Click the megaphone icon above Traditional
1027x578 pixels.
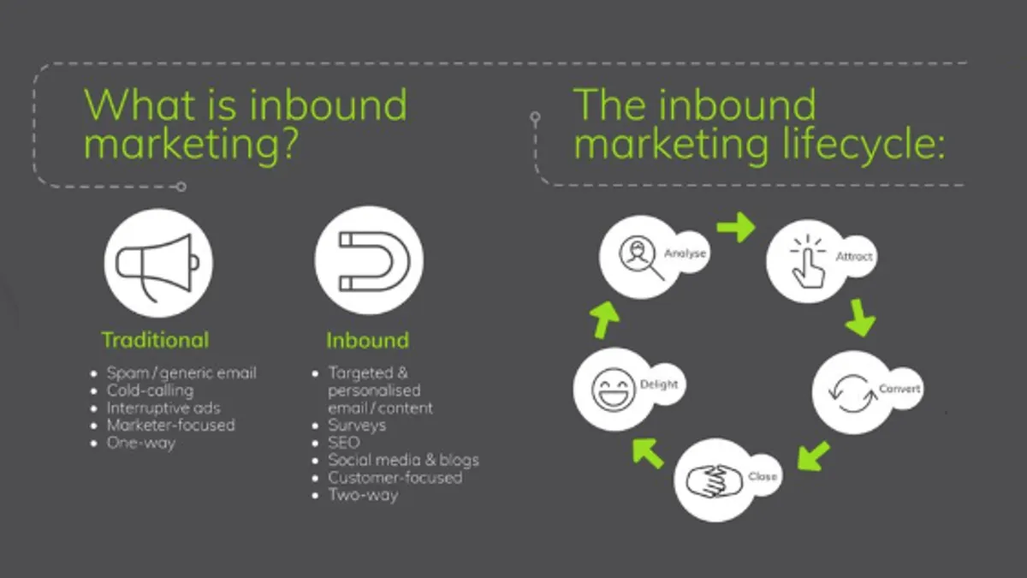coord(157,267)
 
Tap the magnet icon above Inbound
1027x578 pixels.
coord(374,261)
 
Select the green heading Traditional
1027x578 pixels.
coord(155,341)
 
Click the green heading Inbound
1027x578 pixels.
coord(368,341)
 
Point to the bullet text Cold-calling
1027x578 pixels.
coord(151,390)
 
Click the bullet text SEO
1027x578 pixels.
coord(344,443)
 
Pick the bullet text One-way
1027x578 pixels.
coord(141,444)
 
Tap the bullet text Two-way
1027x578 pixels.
coord(363,495)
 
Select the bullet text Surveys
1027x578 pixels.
coord(357,426)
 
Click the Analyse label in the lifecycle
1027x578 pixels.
coord(685,253)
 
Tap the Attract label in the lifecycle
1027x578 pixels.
coord(854,256)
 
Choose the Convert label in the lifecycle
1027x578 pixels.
coord(899,389)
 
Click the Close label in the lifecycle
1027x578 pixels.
coord(763,477)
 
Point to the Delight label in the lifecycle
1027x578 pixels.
coord(659,384)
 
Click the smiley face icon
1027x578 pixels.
coord(613,390)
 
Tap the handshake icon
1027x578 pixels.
coord(714,481)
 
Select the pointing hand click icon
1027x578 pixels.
coord(808,261)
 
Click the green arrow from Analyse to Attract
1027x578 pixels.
coord(736,227)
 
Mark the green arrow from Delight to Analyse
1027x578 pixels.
coord(605,319)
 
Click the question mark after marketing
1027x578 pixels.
coord(289,144)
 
